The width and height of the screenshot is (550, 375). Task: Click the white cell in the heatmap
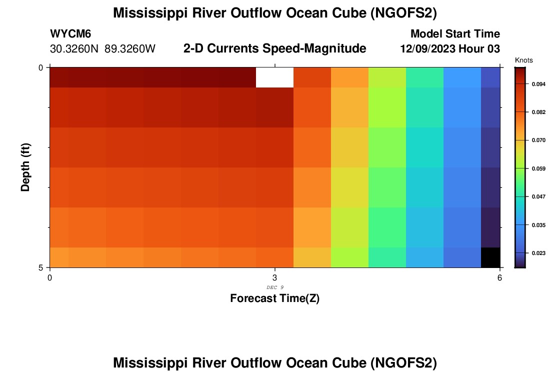pyautogui.click(x=274, y=77)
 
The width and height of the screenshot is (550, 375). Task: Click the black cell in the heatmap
pyautogui.click(x=490, y=257)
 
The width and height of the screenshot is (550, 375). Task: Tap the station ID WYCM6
pyautogui.click(x=70, y=34)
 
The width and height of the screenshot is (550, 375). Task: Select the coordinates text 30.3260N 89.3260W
pyautogui.click(x=103, y=49)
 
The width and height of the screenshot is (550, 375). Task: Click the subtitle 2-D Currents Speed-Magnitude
pyautogui.click(x=275, y=48)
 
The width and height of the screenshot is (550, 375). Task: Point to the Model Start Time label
pyautogui.click(x=455, y=34)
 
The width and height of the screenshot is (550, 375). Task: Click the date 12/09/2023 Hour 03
pyautogui.click(x=450, y=49)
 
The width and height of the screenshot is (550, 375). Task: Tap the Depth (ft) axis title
pyautogui.click(x=26, y=167)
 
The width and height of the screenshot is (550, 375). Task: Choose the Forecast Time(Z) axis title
pyautogui.click(x=274, y=298)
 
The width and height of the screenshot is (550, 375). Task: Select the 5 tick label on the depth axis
pyautogui.click(x=41, y=267)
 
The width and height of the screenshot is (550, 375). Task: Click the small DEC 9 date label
pyautogui.click(x=275, y=287)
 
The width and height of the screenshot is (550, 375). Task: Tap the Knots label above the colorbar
pyautogui.click(x=523, y=60)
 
